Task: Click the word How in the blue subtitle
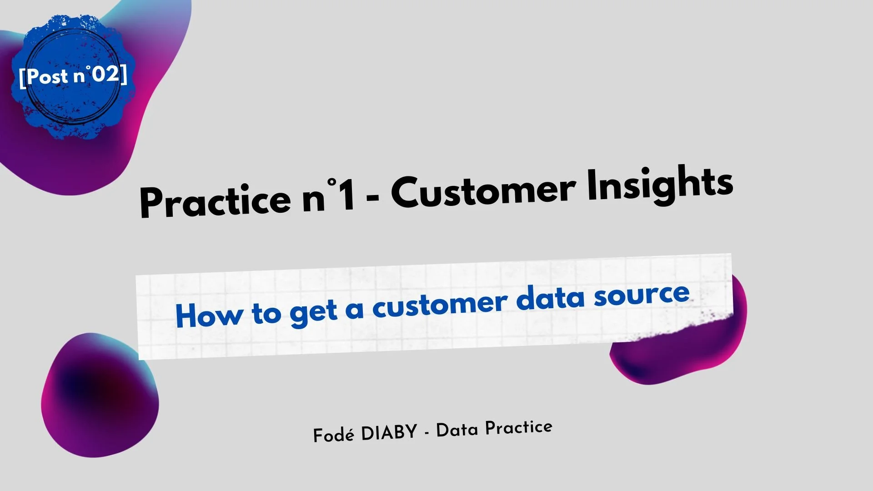pos(209,315)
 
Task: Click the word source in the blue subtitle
pos(642,295)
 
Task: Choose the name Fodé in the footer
pos(333,435)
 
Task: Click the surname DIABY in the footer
pos(389,432)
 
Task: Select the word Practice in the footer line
pos(519,428)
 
